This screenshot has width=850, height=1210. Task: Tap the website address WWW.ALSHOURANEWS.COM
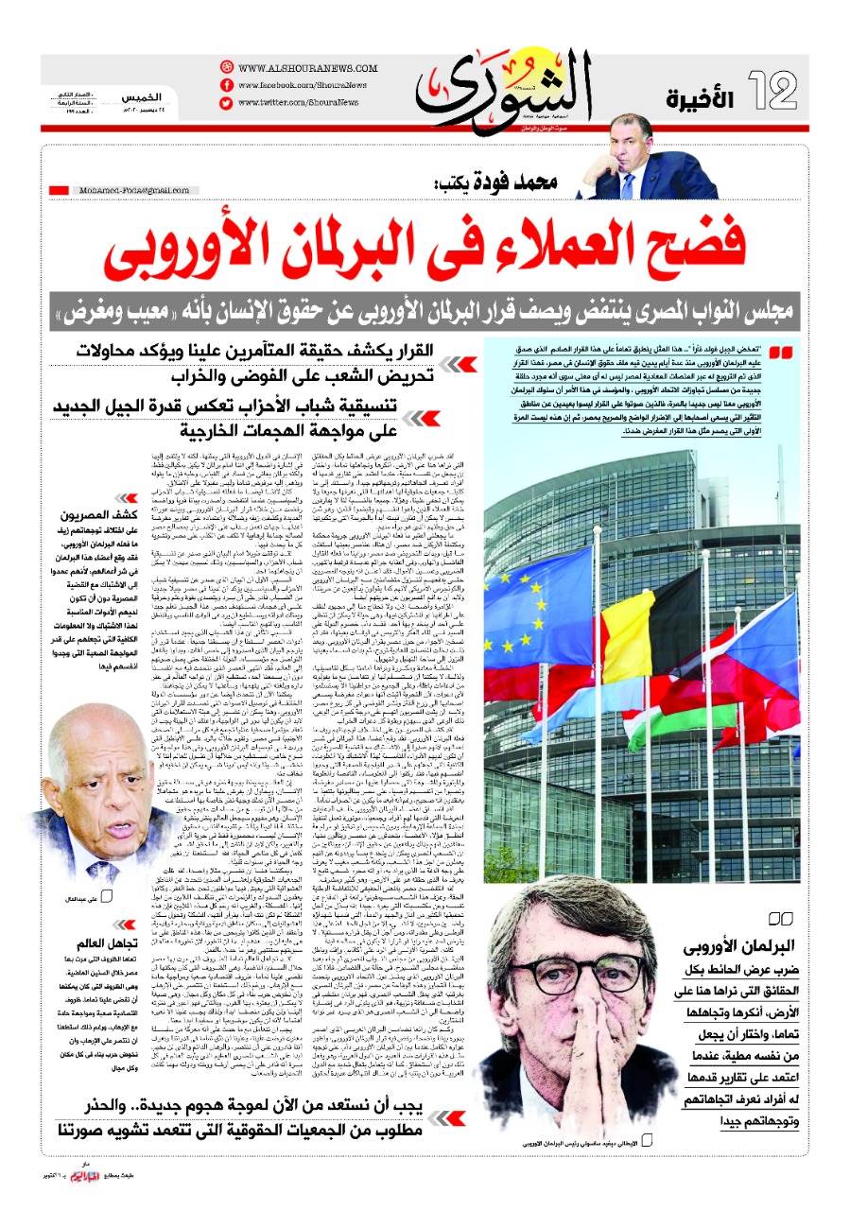click(x=302, y=68)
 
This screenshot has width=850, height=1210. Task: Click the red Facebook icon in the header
click(x=226, y=85)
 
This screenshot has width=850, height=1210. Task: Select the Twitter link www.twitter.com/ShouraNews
click(x=298, y=101)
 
